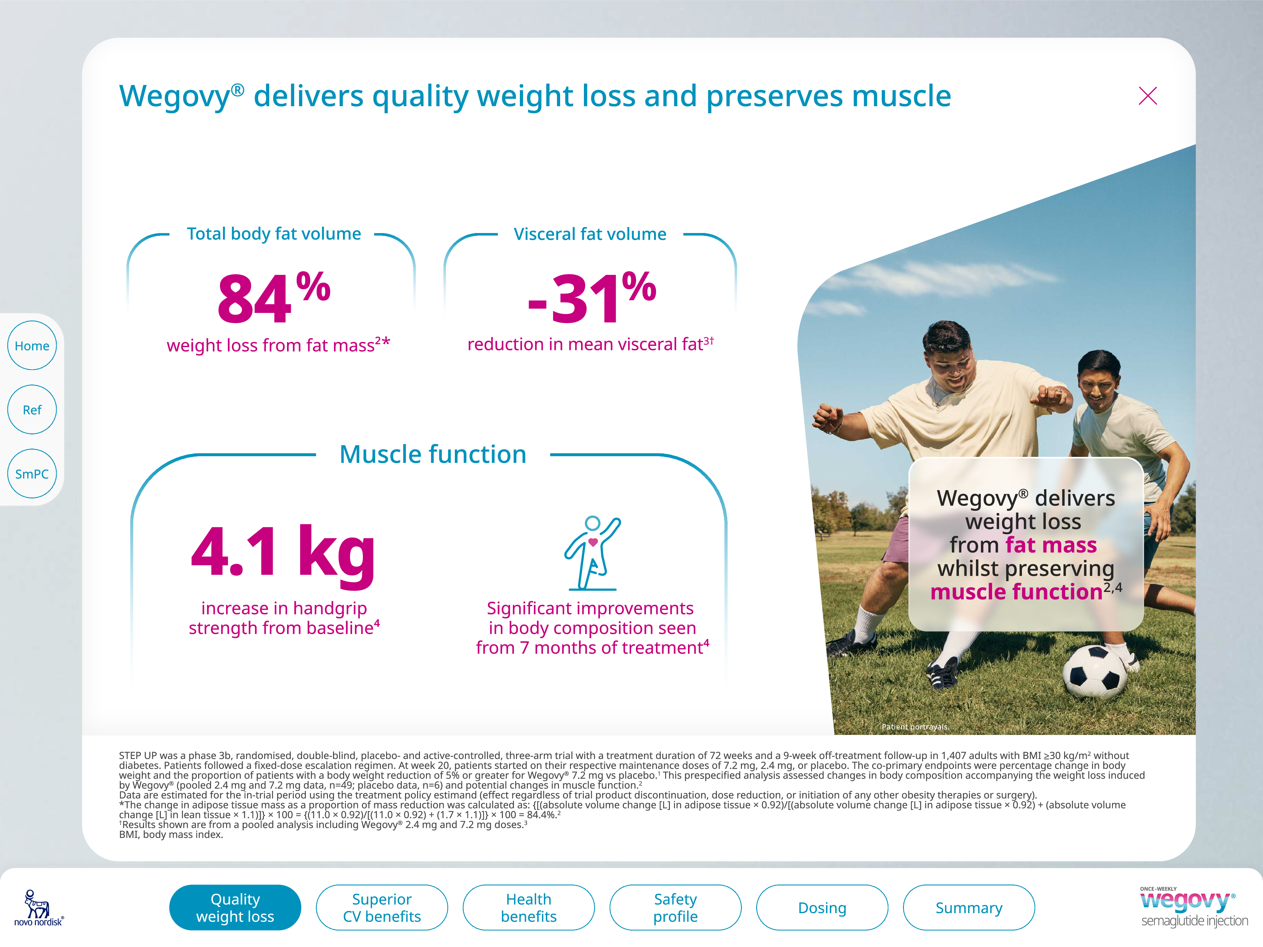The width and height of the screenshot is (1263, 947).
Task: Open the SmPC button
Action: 32,473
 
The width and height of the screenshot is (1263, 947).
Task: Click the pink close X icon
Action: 1147,96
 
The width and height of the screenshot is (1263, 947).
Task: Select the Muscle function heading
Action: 433,454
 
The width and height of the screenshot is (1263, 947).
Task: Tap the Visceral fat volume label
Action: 590,234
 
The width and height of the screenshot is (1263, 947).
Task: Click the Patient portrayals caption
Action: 915,727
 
